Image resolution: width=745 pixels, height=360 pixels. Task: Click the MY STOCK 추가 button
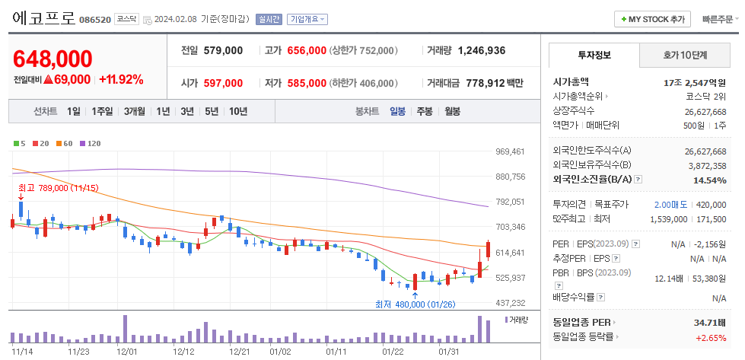[x=652, y=19]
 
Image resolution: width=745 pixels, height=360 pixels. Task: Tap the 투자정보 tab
[x=594, y=56]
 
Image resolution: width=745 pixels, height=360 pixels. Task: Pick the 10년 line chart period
[x=238, y=111]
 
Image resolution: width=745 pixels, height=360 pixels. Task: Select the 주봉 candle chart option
[x=424, y=111]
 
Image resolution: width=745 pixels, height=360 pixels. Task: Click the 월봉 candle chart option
[x=453, y=111]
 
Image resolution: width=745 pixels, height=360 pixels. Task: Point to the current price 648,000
[x=53, y=59]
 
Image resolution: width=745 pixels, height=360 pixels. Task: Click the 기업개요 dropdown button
[x=307, y=19]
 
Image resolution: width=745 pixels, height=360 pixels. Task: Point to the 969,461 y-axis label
[x=511, y=151]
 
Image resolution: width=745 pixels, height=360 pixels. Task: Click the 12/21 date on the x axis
[x=239, y=352]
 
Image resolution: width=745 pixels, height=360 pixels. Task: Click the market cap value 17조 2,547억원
[x=695, y=81]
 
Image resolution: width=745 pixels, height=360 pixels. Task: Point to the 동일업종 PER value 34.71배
[x=710, y=323]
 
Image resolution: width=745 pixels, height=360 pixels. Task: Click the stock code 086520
[x=95, y=19]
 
